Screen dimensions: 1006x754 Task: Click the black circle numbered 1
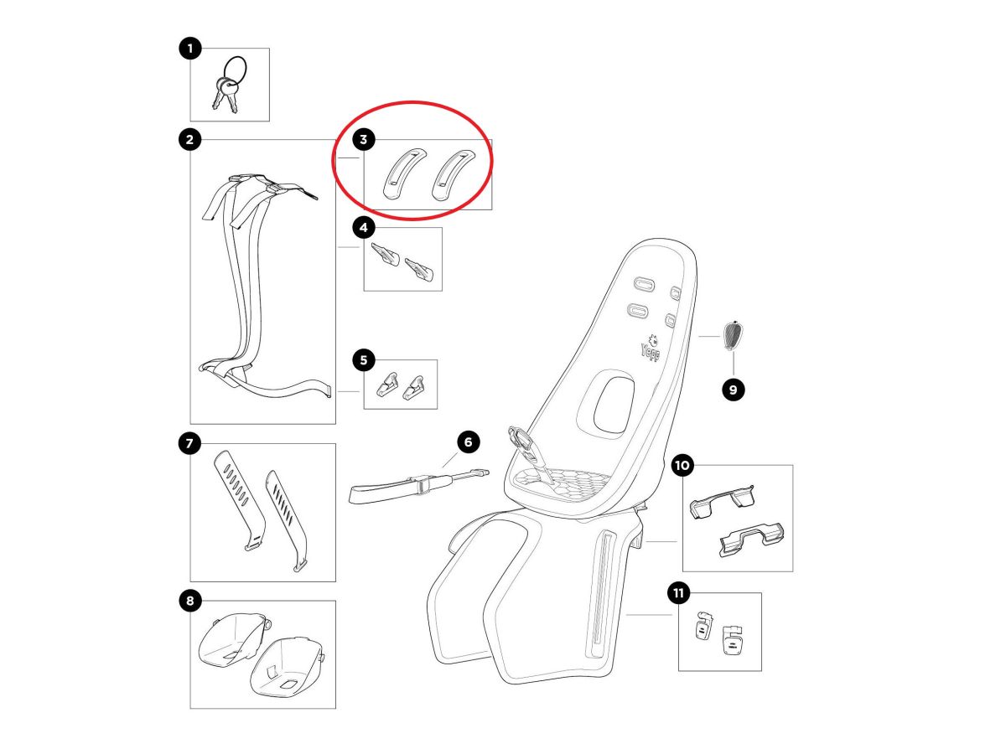pos(190,48)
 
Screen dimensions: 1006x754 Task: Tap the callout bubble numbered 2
pos(190,140)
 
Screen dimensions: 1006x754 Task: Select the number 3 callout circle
pos(364,140)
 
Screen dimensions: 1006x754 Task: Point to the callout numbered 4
pos(364,228)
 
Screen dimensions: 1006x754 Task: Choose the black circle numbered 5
pos(364,360)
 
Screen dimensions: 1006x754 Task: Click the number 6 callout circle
pos(468,442)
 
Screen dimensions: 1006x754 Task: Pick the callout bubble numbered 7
pos(190,443)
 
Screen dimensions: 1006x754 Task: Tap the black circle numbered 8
pos(190,601)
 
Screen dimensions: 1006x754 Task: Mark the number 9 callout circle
pos(733,390)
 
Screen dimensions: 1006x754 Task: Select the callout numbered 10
pos(682,466)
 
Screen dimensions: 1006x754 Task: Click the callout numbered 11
pos(678,593)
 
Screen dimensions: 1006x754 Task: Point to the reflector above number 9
pos(733,336)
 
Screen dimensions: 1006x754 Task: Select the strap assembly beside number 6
pos(418,487)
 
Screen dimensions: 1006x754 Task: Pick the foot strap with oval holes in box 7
pos(239,500)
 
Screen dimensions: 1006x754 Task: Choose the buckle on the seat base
pos(529,453)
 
